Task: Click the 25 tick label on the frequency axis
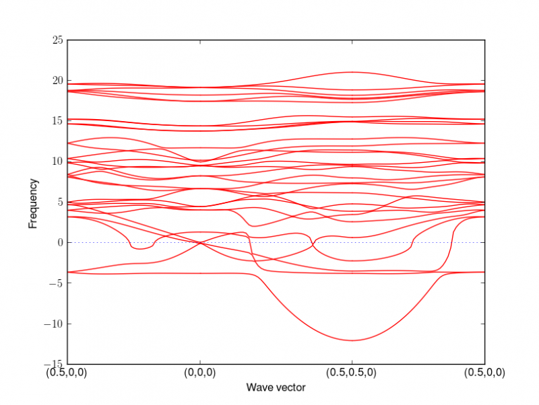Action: (58, 40)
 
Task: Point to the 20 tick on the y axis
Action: (58, 81)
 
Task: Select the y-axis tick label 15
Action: (58, 121)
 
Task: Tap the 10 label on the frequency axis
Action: (58, 161)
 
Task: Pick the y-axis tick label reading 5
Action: (61, 202)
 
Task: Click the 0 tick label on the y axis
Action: (61, 242)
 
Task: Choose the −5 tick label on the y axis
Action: (56, 283)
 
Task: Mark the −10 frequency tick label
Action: (54, 323)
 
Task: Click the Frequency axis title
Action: (32, 202)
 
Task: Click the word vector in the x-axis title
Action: (290, 388)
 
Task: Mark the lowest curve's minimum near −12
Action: (351, 340)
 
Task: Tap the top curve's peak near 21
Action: (351, 72)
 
